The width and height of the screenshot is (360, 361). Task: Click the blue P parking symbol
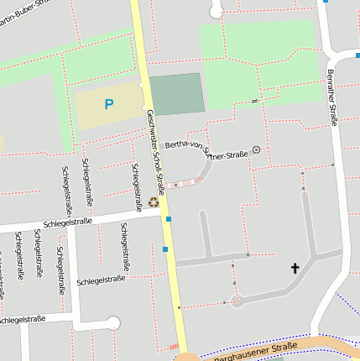(108, 104)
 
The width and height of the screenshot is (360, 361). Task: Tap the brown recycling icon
(153, 201)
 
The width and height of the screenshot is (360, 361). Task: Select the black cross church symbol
(295, 269)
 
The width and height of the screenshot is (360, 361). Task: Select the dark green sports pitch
(176, 93)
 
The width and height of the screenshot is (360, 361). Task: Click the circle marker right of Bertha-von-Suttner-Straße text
(256, 150)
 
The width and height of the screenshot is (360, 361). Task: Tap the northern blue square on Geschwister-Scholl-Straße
(169, 219)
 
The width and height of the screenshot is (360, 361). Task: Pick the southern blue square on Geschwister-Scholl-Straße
(165, 249)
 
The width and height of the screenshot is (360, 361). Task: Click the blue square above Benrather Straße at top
(325, 2)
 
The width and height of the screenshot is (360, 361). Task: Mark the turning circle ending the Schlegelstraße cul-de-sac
(113, 323)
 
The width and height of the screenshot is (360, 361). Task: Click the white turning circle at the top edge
(217, 10)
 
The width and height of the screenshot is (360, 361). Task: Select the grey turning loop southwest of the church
(237, 301)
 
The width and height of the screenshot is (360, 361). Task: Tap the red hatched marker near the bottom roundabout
(174, 347)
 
